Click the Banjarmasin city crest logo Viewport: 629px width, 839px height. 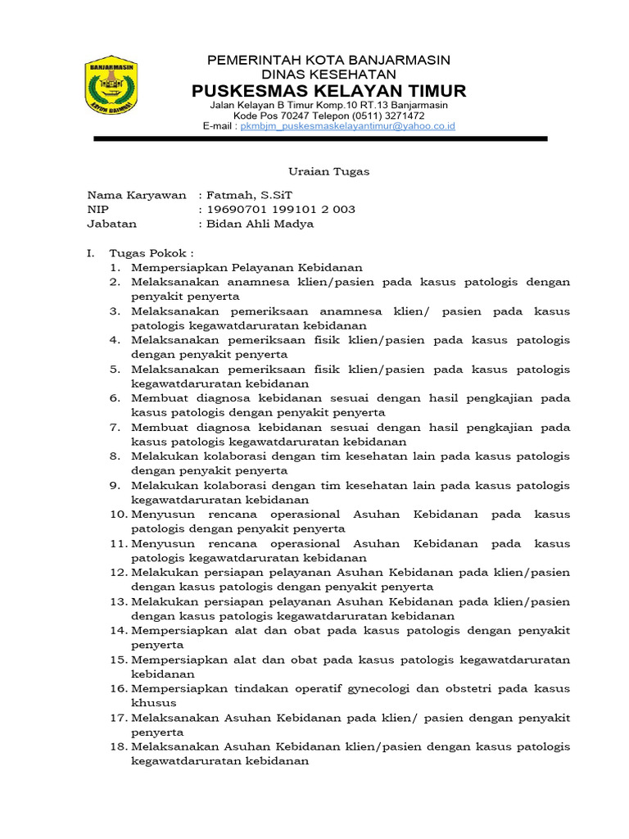point(111,86)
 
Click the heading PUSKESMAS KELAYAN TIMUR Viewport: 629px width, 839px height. point(328,90)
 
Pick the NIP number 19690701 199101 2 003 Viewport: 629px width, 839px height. point(281,209)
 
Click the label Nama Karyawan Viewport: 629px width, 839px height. point(137,195)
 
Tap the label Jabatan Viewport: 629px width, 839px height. point(112,223)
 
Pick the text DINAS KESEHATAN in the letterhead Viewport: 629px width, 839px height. point(328,75)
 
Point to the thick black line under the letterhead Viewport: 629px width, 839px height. point(320,139)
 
